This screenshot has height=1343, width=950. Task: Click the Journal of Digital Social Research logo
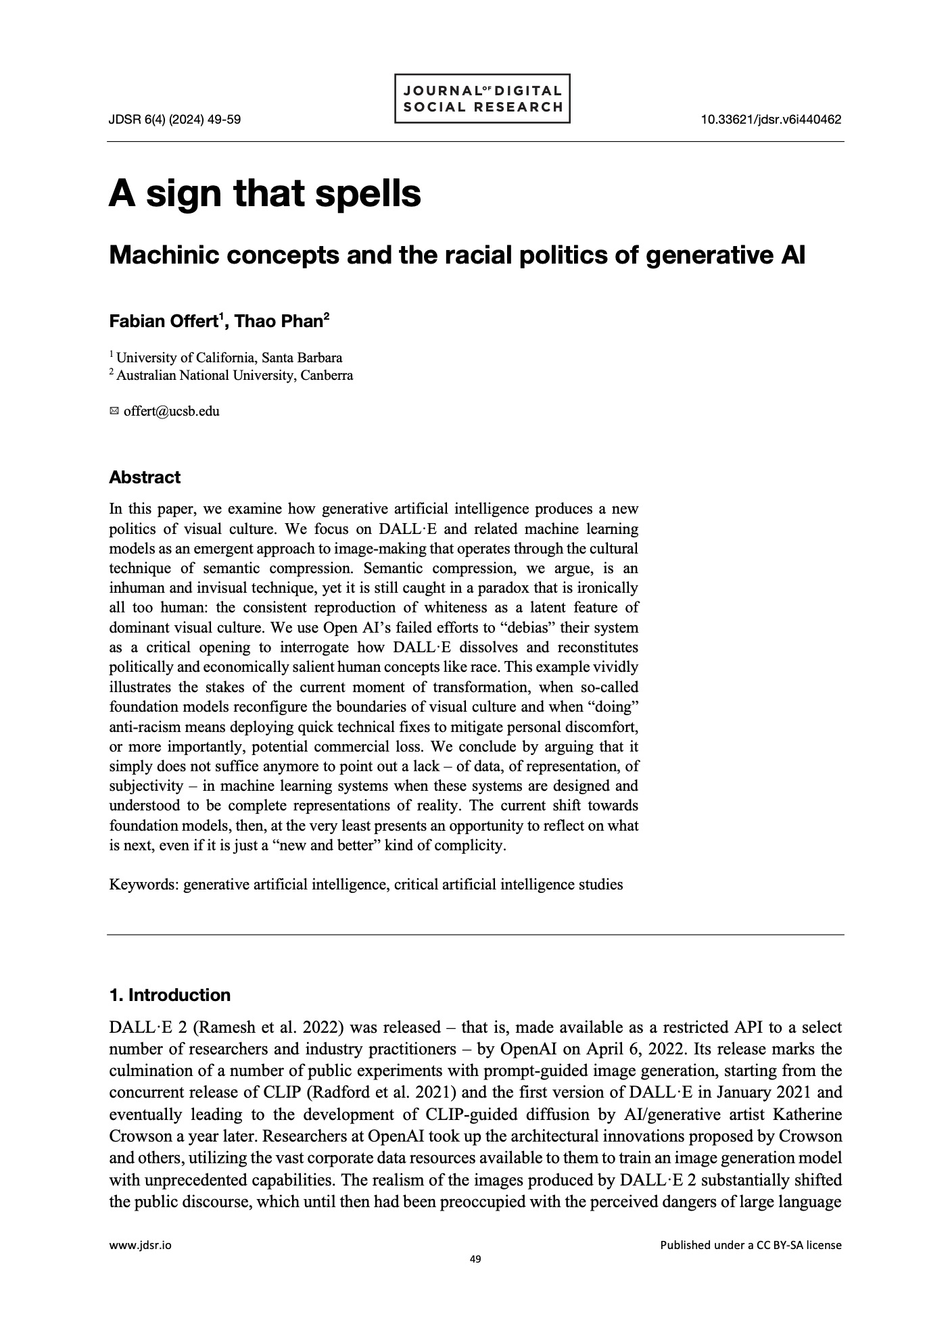(481, 99)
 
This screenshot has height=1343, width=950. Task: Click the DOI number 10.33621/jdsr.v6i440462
(771, 120)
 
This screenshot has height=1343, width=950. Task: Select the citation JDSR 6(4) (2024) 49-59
(175, 120)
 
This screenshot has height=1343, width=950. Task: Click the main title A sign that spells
(264, 193)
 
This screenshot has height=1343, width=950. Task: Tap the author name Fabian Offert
(163, 321)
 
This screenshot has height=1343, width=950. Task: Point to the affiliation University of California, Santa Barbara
(229, 358)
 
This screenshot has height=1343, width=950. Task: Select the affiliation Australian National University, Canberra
(234, 375)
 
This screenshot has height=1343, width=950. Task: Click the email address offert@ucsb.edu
(172, 411)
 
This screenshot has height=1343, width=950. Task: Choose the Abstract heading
(145, 477)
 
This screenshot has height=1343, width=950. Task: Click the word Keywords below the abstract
(143, 884)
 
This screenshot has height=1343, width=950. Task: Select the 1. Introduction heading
(170, 995)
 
